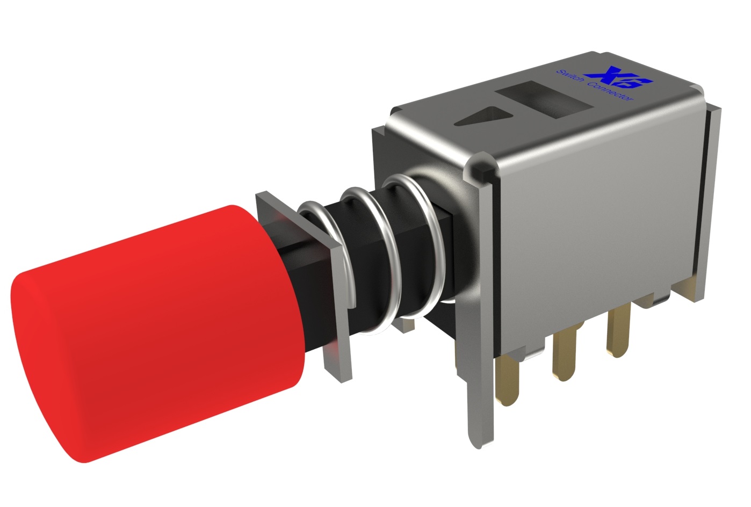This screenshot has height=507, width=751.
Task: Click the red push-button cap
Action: tap(177, 301)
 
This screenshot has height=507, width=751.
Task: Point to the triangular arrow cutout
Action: tap(483, 117)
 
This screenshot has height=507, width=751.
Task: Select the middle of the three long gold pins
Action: tap(564, 354)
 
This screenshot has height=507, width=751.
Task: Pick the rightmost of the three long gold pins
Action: tap(618, 333)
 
